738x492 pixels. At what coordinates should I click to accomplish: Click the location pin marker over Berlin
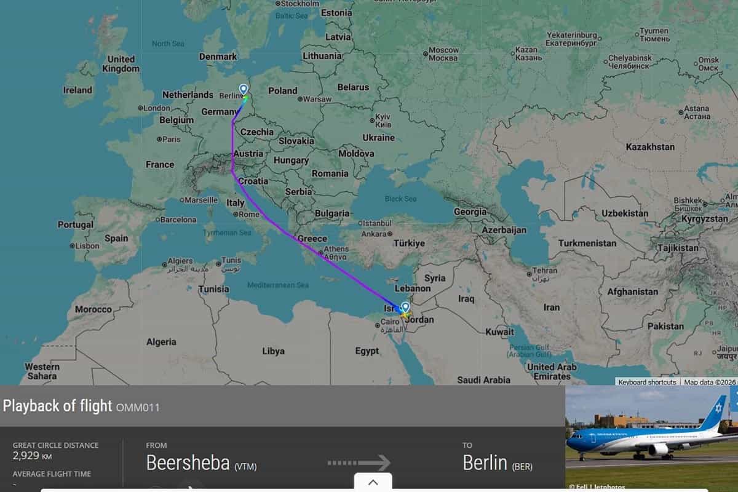(244, 90)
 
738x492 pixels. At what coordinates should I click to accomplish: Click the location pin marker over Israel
(405, 307)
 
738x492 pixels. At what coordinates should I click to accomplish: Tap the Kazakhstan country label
(650, 147)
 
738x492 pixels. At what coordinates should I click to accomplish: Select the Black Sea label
(400, 199)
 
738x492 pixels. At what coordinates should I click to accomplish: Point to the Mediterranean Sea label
(278, 285)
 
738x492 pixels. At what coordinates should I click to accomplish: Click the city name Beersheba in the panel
(188, 462)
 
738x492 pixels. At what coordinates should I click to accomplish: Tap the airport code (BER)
(522, 467)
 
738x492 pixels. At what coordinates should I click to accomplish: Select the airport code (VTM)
(245, 467)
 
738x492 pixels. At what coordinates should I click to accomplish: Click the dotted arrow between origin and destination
(359, 462)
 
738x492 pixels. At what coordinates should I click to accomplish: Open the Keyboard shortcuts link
(647, 382)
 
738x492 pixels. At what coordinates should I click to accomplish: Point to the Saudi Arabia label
(483, 380)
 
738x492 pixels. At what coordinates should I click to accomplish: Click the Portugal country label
(76, 225)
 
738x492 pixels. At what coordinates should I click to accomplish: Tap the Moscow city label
(443, 50)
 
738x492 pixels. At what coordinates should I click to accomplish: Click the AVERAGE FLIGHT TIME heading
(52, 474)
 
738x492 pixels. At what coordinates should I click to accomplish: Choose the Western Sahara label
(42, 371)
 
